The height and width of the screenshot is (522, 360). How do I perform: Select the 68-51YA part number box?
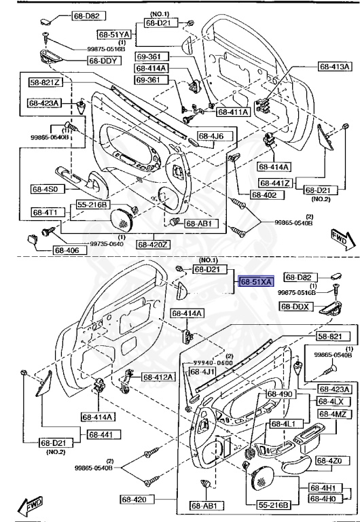point(113,33)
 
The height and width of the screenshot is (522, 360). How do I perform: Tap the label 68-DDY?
point(103,60)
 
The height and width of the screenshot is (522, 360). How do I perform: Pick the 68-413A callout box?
point(335,67)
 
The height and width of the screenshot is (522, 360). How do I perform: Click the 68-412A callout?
point(158,377)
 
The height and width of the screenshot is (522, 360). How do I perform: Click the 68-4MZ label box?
point(331,415)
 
